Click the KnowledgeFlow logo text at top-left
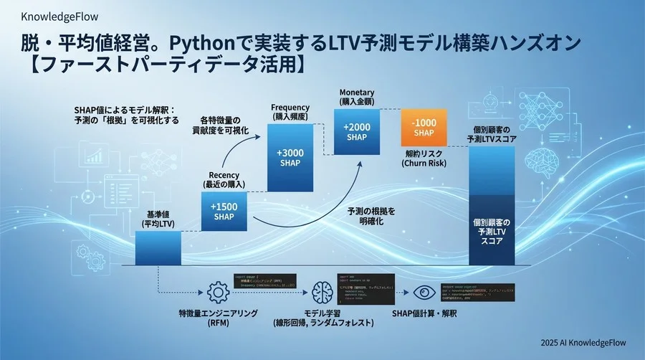click(x=51, y=16)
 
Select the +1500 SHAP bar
click(x=224, y=212)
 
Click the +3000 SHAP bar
click(x=291, y=158)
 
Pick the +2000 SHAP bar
click(x=356, y=131)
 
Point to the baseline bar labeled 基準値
click(x=158, y=247)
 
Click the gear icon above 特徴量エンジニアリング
click(x=216, y=292)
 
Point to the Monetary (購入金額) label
click(x=356, y=98)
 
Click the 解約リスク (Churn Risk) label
click(x=423, y=158)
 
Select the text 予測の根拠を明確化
click(x=371, y=217)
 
